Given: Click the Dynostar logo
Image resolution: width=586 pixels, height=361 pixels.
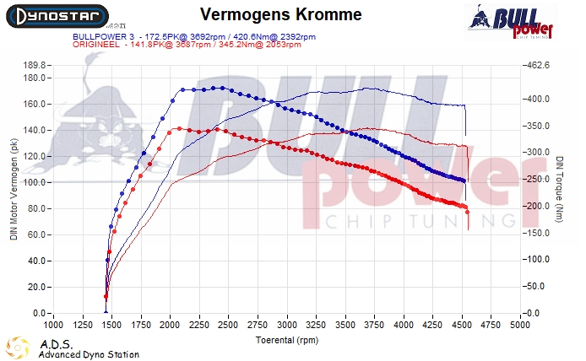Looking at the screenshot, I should coord(55,16).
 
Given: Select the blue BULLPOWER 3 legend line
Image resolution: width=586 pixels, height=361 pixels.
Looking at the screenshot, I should coord(195,37).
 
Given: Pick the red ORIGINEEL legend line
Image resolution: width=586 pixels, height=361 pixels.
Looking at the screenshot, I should coord(187,46).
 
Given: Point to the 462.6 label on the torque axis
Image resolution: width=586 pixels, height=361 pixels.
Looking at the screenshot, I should coord(537,65).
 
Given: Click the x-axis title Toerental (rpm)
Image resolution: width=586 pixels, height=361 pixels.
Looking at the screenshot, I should coord(287,340).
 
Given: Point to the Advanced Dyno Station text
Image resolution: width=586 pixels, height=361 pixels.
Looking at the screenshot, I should coord(89,355).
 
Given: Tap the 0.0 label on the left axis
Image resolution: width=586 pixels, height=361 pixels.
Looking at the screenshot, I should coord(38,314).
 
